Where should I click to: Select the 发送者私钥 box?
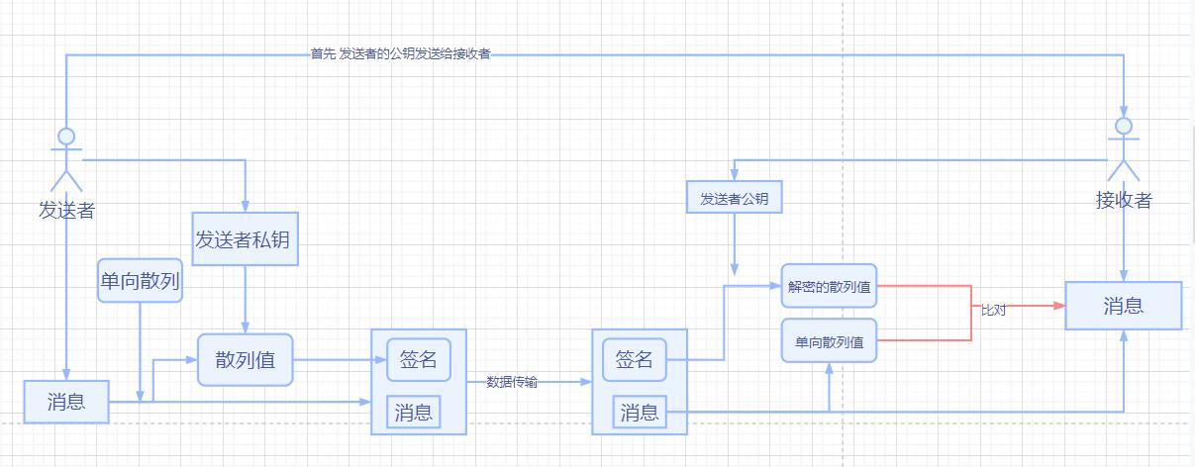[244, 238]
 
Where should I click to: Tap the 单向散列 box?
[140, 280]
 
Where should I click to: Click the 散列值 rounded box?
[246, 359]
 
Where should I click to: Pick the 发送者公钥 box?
[735, 198]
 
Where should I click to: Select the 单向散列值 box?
[829, 342]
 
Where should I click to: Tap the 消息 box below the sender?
[66, 401]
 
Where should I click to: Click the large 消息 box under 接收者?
[1123, 306]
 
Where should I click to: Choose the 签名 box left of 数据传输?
[418, 359]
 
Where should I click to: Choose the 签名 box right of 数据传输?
[634, 359]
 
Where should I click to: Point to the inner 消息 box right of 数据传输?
[639, 413]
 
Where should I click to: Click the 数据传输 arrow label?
[512, 382]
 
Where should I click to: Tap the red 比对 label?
[993, 310]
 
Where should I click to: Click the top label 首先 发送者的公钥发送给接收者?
[400, 54]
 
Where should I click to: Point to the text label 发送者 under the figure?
[66, 210]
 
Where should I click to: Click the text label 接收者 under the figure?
[1124, 200]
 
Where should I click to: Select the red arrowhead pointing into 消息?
[1059, 307]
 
